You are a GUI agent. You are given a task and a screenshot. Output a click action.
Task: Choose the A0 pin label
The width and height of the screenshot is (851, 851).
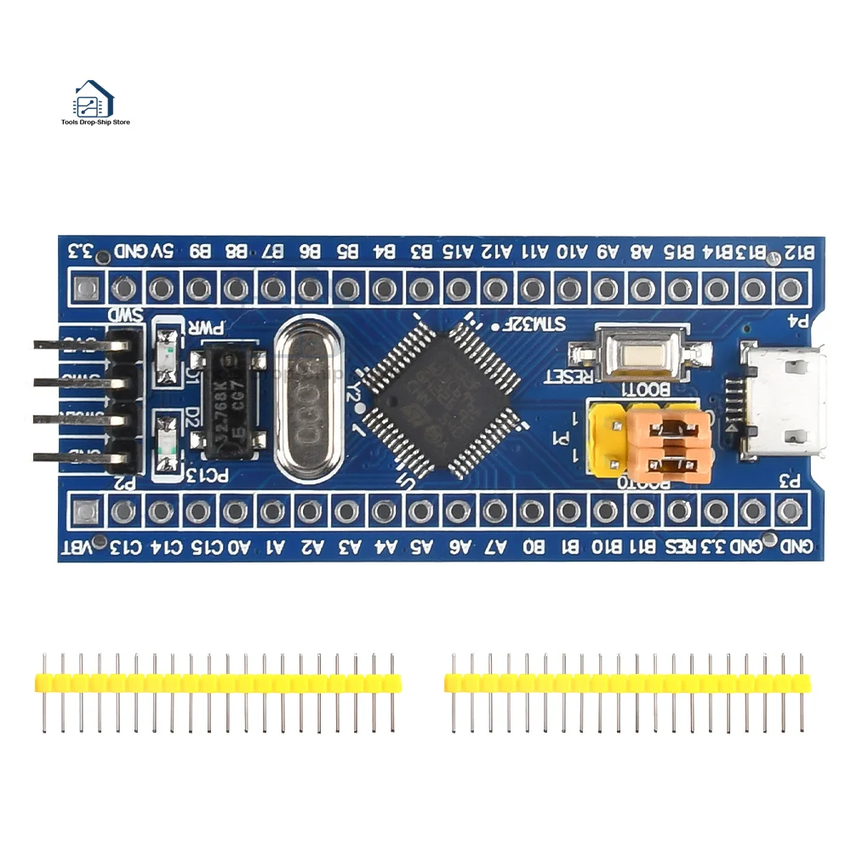click(x=241, y=547)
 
